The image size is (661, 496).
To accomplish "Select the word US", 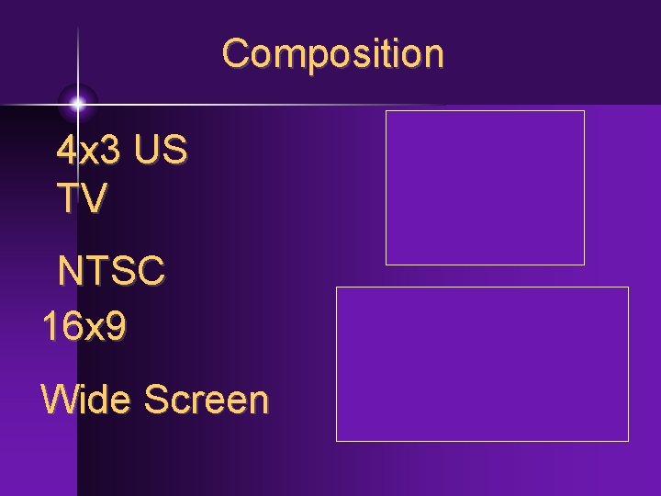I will (x=161, y=150).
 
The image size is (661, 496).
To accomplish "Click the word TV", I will (x=82, y=197).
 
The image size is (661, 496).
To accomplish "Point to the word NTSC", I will (x=111, y=272).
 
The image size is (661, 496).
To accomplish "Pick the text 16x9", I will (x=84, y=327).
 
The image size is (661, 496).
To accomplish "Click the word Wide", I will (x=84, y=400).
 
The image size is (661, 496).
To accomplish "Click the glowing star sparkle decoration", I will (x=77, y=103).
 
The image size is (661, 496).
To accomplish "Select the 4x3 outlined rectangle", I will (x=485, y=187).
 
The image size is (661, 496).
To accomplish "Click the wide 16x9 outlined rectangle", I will (x=482, y=364).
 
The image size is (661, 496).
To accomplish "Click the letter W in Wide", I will (x=59, y=400).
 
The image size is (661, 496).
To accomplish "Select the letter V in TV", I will (x=94, y=197).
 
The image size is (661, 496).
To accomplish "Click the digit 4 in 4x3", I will (x=67, y=150).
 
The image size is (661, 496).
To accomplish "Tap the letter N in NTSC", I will (x=70, y=272).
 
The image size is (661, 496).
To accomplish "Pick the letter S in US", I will (x=175, y=150).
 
